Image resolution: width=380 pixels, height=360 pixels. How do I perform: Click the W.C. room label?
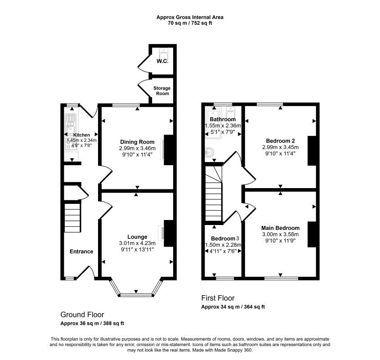[162, 61]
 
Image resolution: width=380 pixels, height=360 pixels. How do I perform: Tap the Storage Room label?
[162, 91]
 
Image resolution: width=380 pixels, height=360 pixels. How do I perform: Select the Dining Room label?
[137, 142]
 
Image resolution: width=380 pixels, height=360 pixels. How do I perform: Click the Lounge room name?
[137, 237]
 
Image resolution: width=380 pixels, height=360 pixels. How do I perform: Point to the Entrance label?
[81, 252]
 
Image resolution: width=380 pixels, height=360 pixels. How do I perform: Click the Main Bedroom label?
[281, 228]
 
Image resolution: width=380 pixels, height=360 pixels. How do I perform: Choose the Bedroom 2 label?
[281, 141]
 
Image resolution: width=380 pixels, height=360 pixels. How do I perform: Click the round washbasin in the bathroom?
[209, 153]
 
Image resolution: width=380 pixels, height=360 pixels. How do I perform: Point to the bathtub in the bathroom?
[213, 122]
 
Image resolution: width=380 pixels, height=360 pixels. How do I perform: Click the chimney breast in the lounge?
[169, 234]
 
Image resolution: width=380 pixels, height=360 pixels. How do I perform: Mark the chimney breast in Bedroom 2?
[312, 151]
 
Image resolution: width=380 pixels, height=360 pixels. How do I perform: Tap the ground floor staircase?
[72, 218]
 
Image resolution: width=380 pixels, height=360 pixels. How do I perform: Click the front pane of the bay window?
[136, 295]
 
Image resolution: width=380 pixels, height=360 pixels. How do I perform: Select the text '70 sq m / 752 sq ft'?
[190, 23]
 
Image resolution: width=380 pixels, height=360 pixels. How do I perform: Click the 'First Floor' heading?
[218, 298]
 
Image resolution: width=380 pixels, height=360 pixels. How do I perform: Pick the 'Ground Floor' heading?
[82, 315]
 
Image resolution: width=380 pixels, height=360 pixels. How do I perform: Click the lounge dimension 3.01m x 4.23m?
[137, 243]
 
